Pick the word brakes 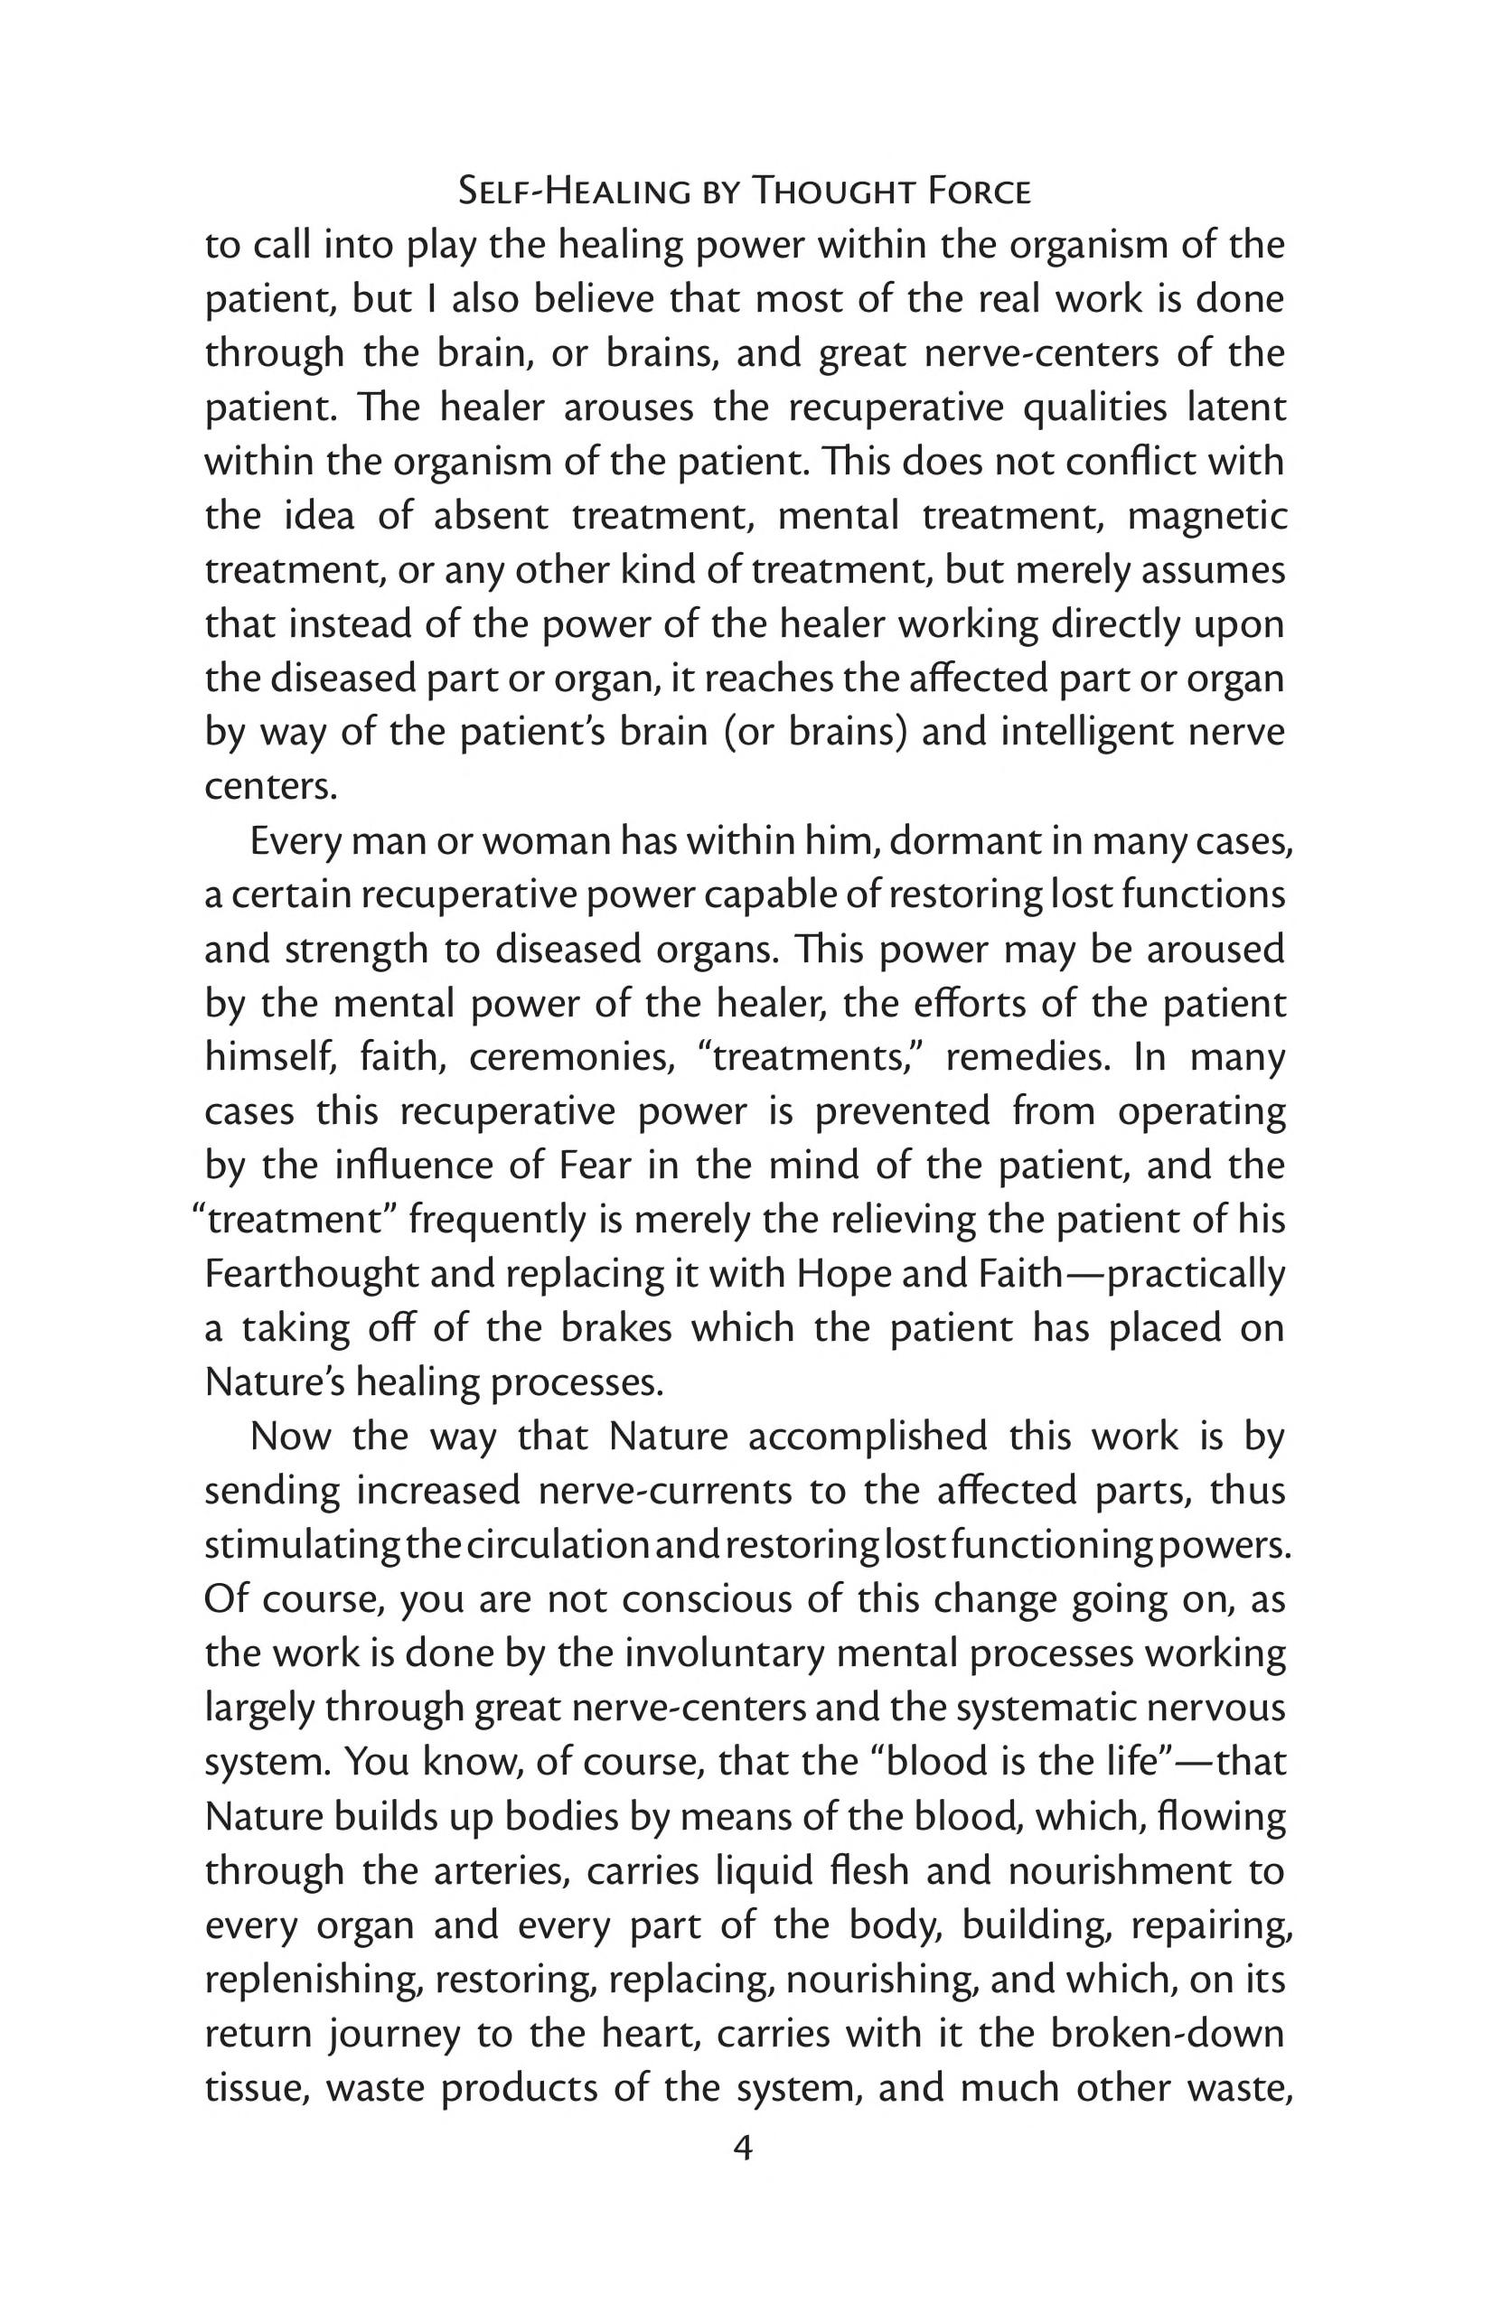[615, 1327]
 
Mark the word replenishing [313, 1979]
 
